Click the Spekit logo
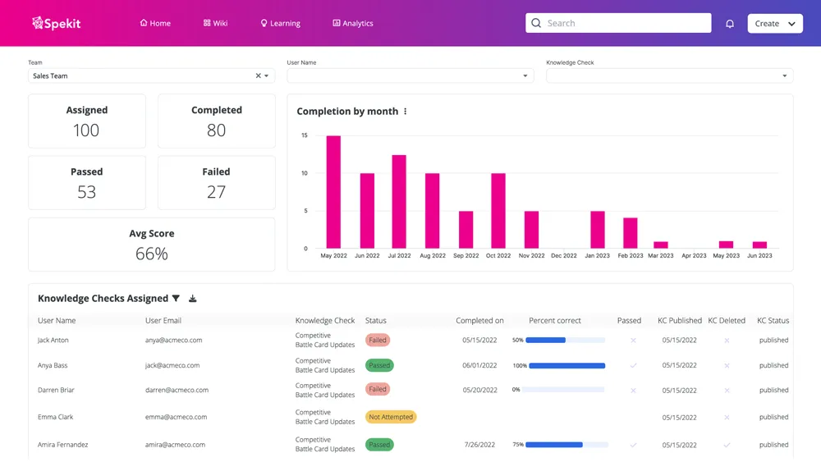coord(56,23)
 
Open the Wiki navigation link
coord(215,23)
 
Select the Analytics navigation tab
coord(353,23)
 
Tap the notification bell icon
coord(730,24)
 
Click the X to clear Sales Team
coord(258,75)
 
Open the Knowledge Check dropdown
coord(669,75)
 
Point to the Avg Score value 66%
coord(152,254)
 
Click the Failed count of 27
coord(216,192)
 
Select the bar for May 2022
coord(333,192)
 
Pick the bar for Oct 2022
coord(498,210)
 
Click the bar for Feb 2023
coord(631,232)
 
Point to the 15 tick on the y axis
coord(305,135)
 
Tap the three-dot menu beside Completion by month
coord(406,112)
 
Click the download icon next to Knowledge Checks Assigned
coord(193,299)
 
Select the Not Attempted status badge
coord(391,417)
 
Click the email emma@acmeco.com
coord(173,417)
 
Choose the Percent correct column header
coord(555,321)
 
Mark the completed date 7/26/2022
coord(479,445)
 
